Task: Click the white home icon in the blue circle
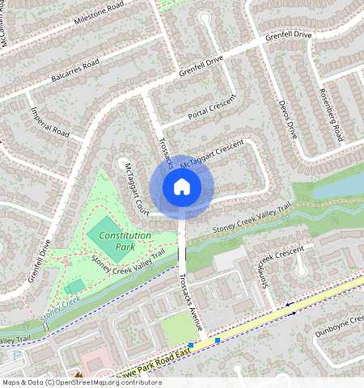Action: pyautogui.click(x=182, y=187)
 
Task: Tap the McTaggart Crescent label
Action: pyautogui.click(x=212, y=154)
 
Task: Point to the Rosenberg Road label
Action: pyautogui.click(x=334, y=113)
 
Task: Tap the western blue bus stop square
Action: pyautogui.click(x=191, y=344)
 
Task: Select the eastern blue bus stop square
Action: pyautogui.click(x=218, y=340)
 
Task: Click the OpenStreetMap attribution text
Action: pyautogui.click(x=82, y=382)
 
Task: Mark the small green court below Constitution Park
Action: pyautogui.click(x=74, y=286)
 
